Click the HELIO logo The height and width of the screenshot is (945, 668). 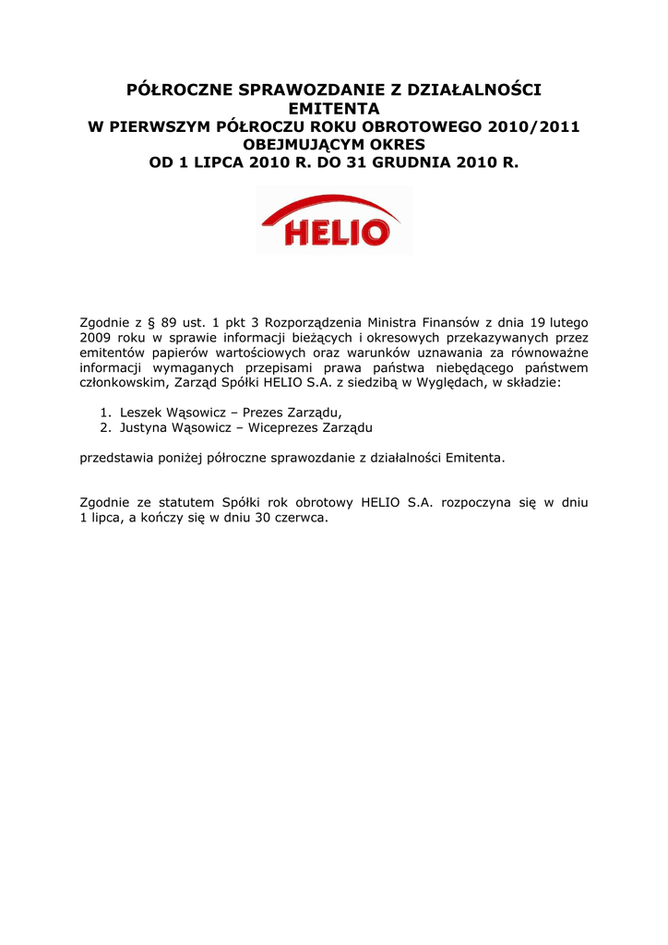coord(334,221)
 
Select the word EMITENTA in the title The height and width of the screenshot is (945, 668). coord(334,109)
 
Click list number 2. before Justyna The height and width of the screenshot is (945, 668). coord(106,428)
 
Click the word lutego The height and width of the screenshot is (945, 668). coord(569,322)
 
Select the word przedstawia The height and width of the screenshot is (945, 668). coord(115,458)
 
